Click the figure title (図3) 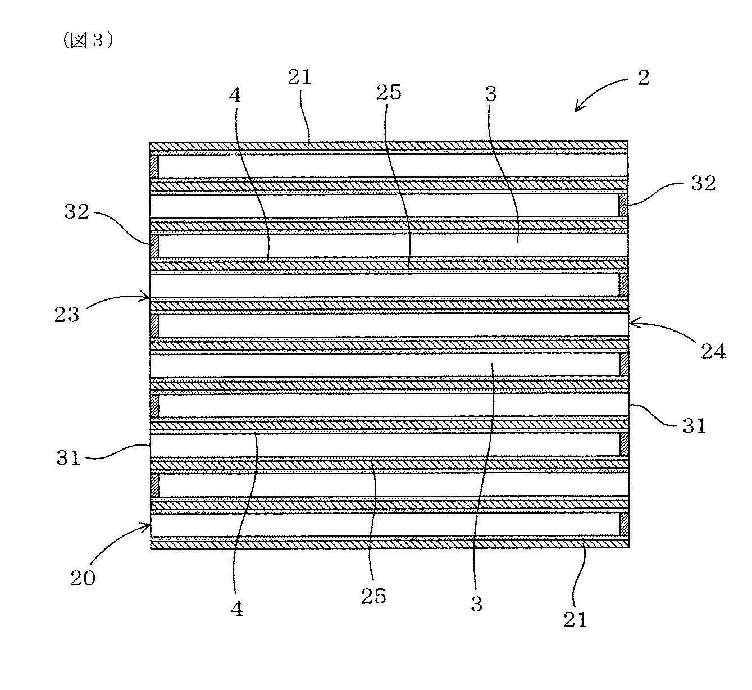pyautogui.click(x=88, y=40)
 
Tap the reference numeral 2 pyautogui.click(x=643, y=78)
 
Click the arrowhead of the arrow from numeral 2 pyautogui.click(x=577, y=109)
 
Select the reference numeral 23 pyautogui.click(x=67, y=315)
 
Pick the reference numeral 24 pyautogui.click(x=713, y=352)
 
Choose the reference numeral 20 pyautogui.click(x=83, y=578)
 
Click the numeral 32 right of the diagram pyautogui.click(x=704, y=184)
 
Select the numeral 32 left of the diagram pyautogui.click(x=77, y=212)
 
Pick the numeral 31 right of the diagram pyautogui.click(x=694, y=426)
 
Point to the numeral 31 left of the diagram pyautogui.click(x=68, y=458)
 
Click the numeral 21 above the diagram pyautogui.click(x=299, y=78)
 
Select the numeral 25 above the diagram pyautogui.click(x=389, y=92)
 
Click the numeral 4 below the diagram pyautogui.click(x=237, y=609)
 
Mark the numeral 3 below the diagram pyautogui.click(x=476, y=605)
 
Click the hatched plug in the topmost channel pyautogui.click(x=154, y=166)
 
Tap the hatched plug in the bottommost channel pyautogui.click(x=624, y=524)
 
